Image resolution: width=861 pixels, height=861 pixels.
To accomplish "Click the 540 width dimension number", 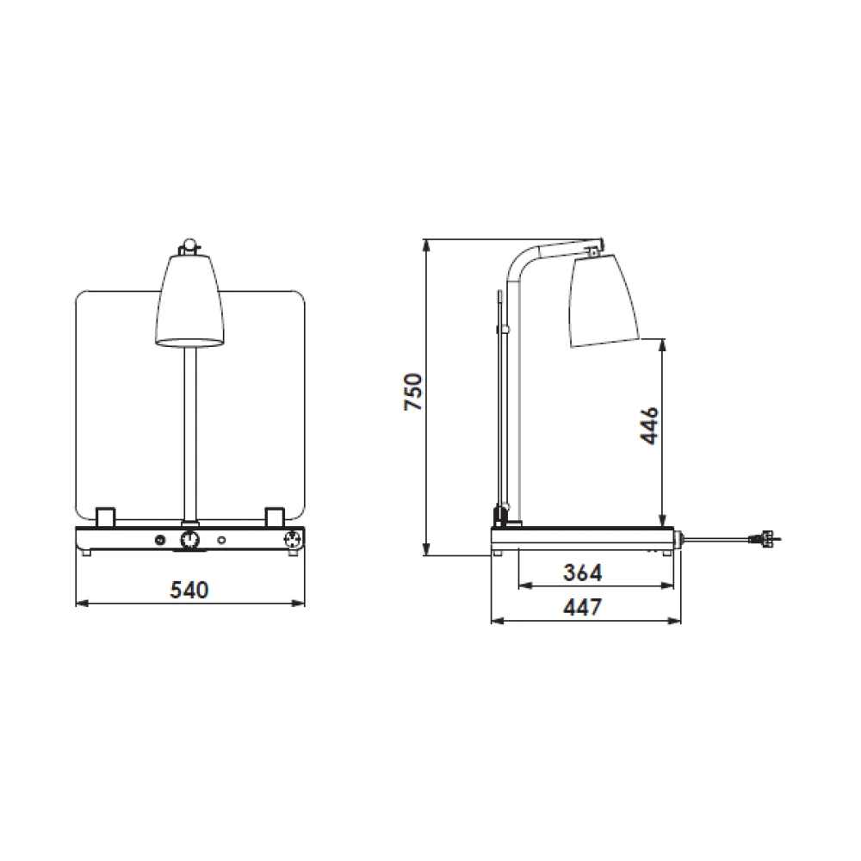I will click(x=189, y=590).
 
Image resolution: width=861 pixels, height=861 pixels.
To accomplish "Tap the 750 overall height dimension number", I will click(x=414, y=392).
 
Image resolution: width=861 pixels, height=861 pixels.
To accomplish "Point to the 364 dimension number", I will click(x=582, y=572).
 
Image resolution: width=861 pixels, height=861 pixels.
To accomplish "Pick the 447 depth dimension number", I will click(x=582, y=607).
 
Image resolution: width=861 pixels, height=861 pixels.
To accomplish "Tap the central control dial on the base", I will click(x=189, y=540).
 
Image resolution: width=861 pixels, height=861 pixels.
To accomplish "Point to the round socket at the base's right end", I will click(x=293, y=540).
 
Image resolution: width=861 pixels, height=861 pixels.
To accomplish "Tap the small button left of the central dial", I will click(x=159, y=540).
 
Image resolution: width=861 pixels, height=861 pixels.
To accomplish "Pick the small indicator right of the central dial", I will click(x=222, y=540).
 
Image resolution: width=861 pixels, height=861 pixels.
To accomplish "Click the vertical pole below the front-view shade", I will click(x=189, y=430).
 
